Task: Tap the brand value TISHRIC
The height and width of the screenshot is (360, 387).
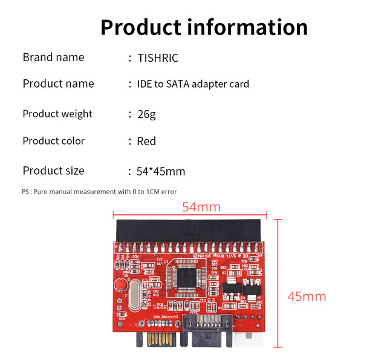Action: tap(158, 59)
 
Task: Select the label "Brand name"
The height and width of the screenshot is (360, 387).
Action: tap(53, 57)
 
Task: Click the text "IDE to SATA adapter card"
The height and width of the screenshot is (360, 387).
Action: tap(193, 84)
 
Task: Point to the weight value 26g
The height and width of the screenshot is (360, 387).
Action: tap(146, 114)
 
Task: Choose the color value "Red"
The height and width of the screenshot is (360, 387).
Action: tap(146, 142)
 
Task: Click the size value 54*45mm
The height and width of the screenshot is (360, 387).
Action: tap(161, 172)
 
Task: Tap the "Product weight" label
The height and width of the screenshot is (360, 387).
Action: tap(57, 114)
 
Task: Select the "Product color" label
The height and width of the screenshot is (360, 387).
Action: tap(53, 141)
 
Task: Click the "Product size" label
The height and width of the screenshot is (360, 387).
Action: tap(53, 171)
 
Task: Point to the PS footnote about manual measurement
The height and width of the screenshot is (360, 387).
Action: tap(99, 192)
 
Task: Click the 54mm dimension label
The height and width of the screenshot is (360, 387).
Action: tap(201, 208)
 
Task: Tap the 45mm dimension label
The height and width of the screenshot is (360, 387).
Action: tap(307, 296)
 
